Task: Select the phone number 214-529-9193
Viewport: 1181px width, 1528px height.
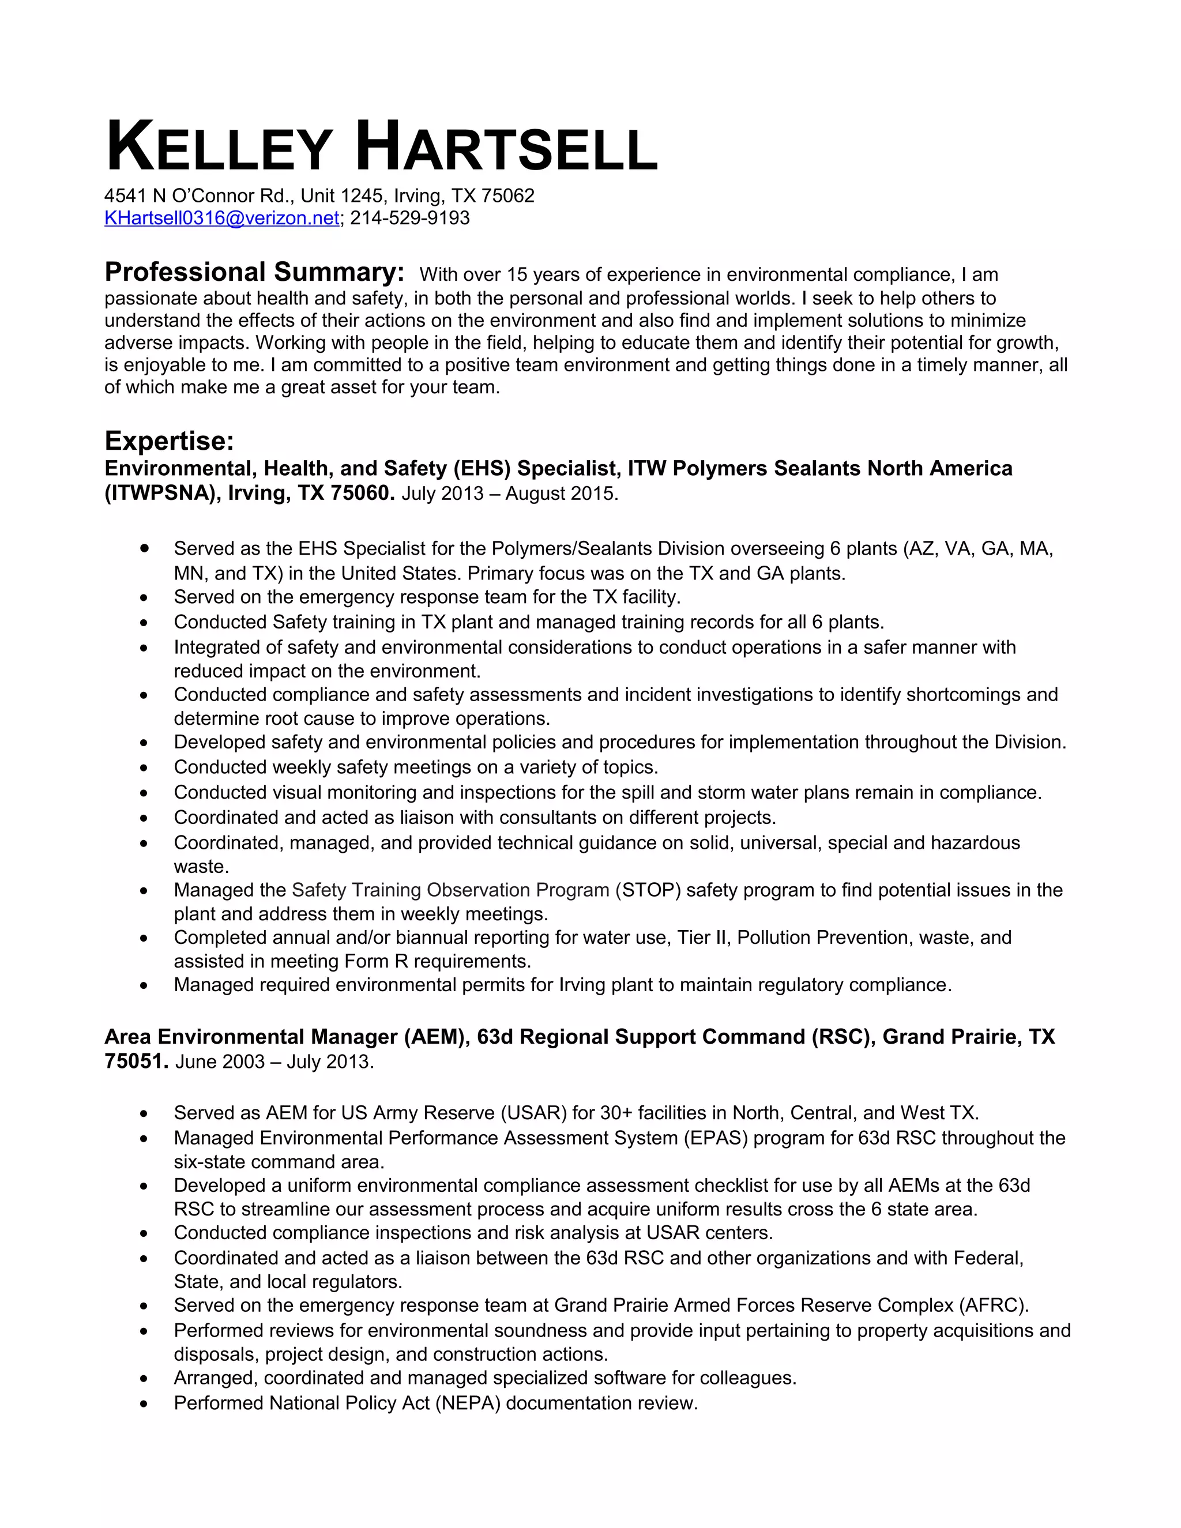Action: click(x=410, y=219)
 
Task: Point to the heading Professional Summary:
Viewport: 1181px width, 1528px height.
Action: click(x=254, y=272)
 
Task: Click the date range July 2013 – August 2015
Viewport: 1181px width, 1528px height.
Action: click(x=509, y=494)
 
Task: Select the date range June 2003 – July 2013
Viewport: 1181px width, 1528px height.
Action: click(x=274, y=1062)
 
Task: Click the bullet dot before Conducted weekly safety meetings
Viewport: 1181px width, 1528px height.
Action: click(x=144, y=768)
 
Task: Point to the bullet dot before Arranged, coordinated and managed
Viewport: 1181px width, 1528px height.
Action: click(x=144, y=1379)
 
